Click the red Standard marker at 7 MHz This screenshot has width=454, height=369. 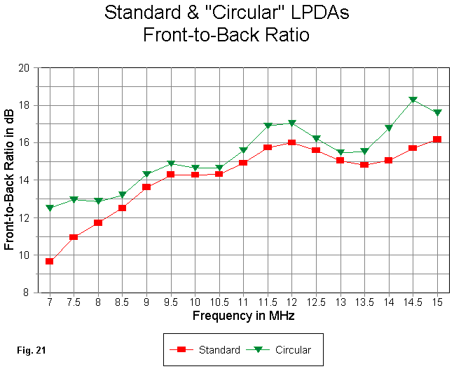click(x=50, y=261)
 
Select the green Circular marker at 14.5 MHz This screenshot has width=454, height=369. click(x=413, y=100)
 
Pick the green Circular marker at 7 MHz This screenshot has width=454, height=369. click(x=50, y=208)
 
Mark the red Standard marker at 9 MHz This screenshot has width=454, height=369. click(x=146, y=187)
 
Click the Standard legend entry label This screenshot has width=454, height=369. click(x=219, y=349)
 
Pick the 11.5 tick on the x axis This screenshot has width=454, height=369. click(x=268, y=302)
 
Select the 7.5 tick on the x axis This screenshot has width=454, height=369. click(x=74, y=302)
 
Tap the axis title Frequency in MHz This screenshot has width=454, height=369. click(x=243, y=316)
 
